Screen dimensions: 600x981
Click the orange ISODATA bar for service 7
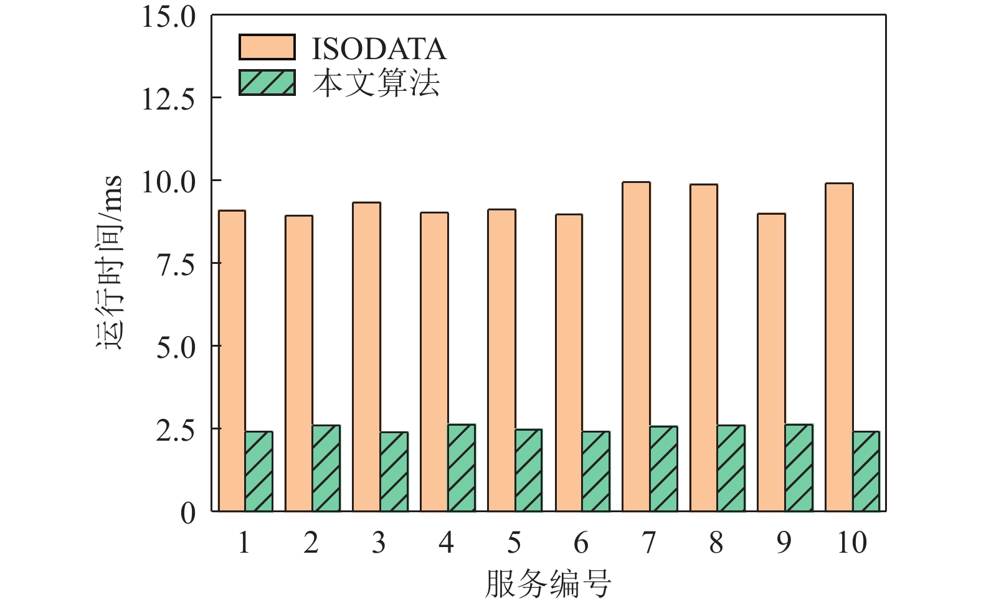pos(636,347)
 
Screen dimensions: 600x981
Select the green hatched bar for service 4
pos(462,468)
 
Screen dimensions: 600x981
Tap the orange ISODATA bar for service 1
pos(232,361)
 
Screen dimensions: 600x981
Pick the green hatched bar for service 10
pos(866,471)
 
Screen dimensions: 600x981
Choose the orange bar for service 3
pos(366,357)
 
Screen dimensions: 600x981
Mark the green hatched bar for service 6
pos(596,471)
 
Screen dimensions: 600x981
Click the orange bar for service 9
pos(771,362)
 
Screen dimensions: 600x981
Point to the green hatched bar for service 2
pos(326,468)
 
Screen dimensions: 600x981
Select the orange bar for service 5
pos(501,360)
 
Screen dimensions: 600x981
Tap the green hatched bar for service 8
pos(731,468)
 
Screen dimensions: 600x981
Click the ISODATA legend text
pos(379,49)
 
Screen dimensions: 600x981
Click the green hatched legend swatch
pos(267,82)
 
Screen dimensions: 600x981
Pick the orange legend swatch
pos(267,47)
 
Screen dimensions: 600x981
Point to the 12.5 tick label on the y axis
pos(168,98)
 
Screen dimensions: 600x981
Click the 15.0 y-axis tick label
pos(168,16)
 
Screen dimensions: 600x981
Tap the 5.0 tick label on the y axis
pos(176,347)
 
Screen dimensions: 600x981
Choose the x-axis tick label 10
pos(851,543)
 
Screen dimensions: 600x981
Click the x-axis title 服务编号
pos(548,583)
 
